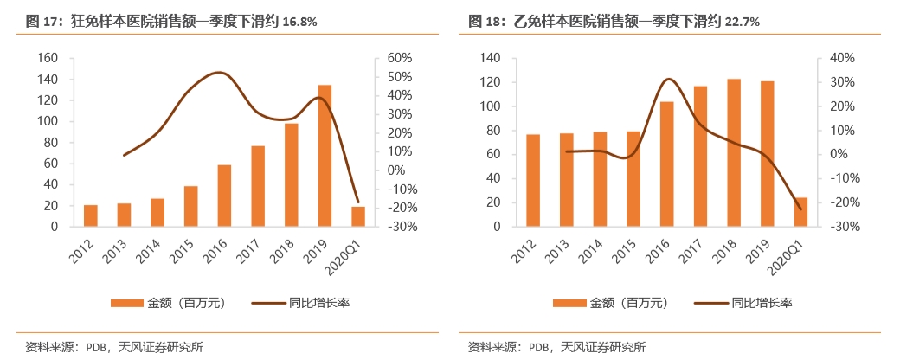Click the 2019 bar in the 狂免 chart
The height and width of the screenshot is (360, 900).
325,156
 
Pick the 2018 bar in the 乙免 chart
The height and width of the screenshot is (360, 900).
734,152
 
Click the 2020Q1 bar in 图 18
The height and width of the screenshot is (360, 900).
800,212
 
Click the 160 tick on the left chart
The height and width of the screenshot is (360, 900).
48,58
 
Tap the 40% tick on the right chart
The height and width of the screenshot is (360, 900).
843,58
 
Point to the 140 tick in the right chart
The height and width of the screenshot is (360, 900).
491,58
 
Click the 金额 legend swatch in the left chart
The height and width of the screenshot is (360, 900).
129,303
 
